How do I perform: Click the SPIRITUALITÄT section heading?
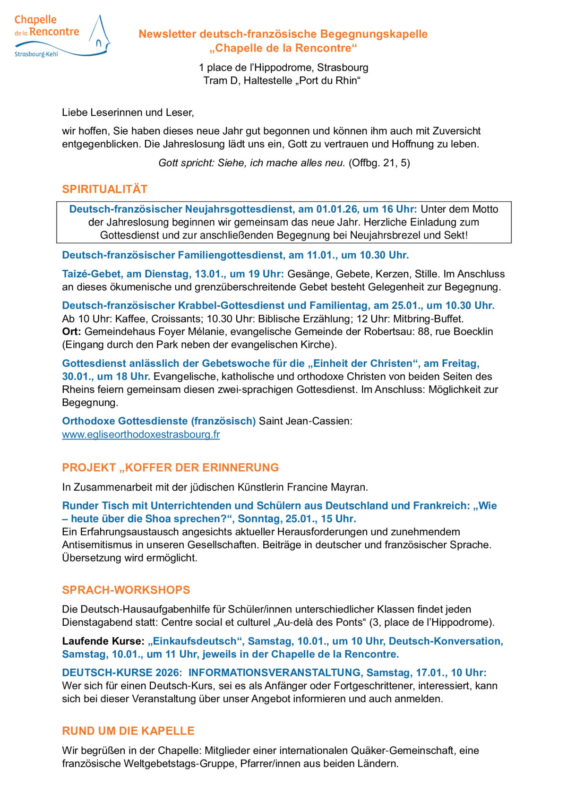(104, 189)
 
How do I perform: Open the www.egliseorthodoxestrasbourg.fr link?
(141, 434)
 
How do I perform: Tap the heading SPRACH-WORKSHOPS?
(126, 590)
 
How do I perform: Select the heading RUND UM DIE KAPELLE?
(128, 731)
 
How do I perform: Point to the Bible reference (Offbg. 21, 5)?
(379, 163)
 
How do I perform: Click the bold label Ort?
(71, 332)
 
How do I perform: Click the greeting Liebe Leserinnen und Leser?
(128, 112)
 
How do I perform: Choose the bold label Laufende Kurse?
(103, 641)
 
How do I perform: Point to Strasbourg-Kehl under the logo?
(36, 54)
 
